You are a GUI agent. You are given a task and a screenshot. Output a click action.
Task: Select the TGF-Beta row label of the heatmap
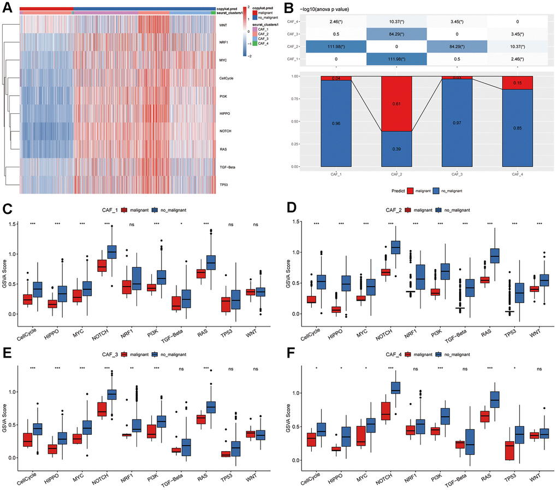coord(227,167)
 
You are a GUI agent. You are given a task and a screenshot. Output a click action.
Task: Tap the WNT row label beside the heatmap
coord(222,25)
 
